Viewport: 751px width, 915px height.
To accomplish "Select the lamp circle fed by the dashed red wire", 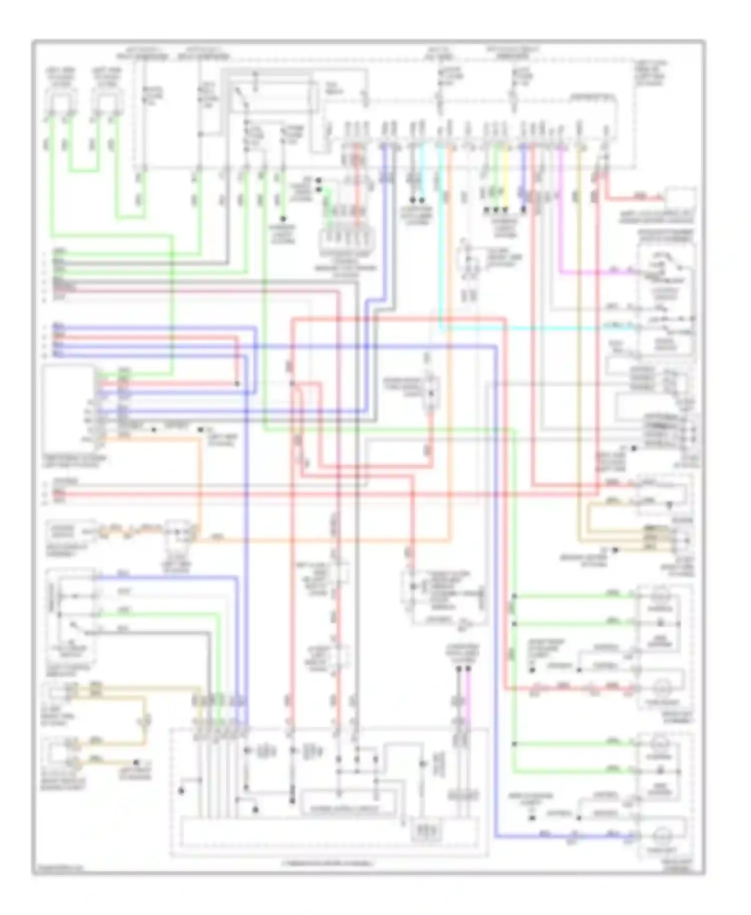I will pyautogui.click(x=661, y=689).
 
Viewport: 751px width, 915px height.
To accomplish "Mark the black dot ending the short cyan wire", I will pyautogui.click(x=422, y=200).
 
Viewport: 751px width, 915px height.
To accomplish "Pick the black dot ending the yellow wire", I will pyautogui.click(x=505, y=210).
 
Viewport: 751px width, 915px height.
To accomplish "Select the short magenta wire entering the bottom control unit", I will pyautogui.click(x=468, y=701).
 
